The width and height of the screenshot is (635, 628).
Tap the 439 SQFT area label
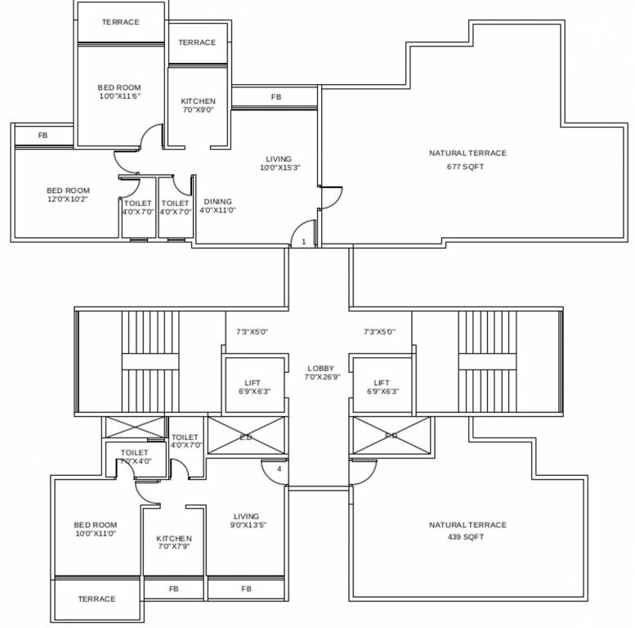coord(466,537)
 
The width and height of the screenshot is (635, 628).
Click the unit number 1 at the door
coord(303,242)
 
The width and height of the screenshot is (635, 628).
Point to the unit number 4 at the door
coord(279,469)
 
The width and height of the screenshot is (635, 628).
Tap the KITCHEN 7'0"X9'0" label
coord(198,105)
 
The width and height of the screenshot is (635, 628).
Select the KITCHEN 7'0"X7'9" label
coord(174,543)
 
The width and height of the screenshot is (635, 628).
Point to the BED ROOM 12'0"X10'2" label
coord(68,195)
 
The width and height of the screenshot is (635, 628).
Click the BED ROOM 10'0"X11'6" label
coord(119,92)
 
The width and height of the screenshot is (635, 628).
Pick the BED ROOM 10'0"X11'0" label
coord(95,529)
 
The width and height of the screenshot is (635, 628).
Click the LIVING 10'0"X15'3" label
coord(279,164)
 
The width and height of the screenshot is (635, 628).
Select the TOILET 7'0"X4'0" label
coord(134,456)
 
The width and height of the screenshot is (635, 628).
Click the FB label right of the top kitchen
coord(276,97)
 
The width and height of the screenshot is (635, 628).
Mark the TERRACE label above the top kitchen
coord(197,43)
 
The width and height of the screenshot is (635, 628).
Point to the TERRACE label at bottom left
coord(96,599)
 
